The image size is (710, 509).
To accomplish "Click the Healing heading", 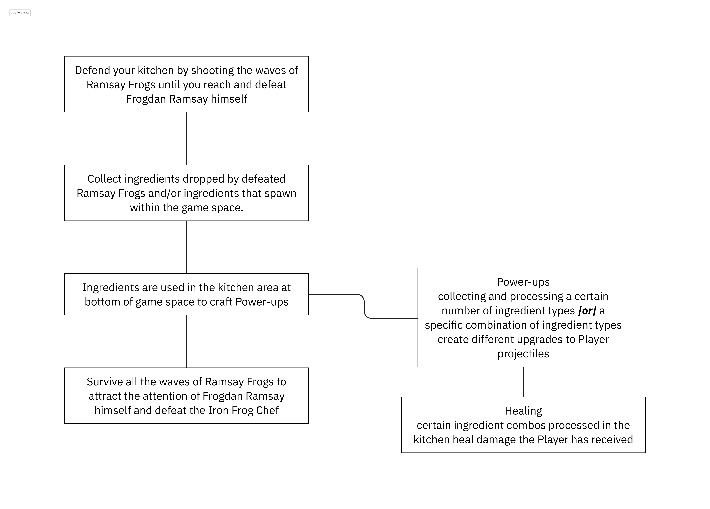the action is [x=523, y=411].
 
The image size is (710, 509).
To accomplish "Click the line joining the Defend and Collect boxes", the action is [x=187, y=138].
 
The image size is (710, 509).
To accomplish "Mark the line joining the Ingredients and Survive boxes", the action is [x=187, y=341].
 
